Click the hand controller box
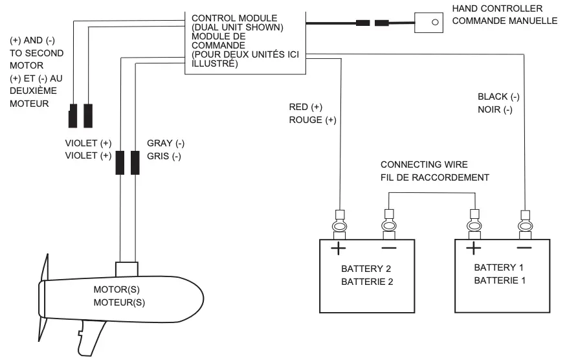(x=428, y=22)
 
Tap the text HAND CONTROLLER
(x=497, y=8)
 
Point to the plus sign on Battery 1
(x=474, y=248)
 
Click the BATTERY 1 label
(x=499, y=267)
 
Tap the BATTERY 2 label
(x=366, y=269)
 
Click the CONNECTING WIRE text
(x=423, y=165)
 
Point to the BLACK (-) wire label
(x=498, y=96)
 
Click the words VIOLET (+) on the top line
(x=88, y=143)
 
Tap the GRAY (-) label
(x=166, y=143)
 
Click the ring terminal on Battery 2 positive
(x=339, y=226)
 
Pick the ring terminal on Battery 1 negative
(x=524, y=226)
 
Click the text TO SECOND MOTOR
(x=27, y=59)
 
